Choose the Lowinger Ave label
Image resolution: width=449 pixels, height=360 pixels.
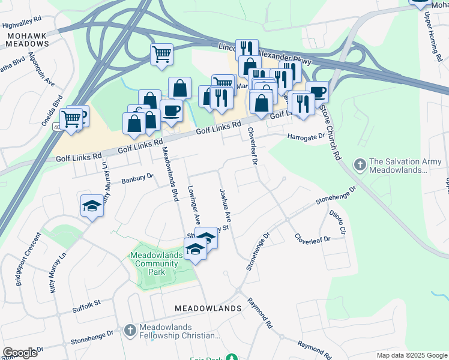(x=193, y=202)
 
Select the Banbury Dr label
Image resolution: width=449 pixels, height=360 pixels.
(x=137, y=178)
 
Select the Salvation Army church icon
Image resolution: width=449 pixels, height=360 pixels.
(x=360, y=163)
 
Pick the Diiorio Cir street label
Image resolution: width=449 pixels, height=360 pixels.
(x=337, y=221)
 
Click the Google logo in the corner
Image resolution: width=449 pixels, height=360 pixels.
(x=20, y=353)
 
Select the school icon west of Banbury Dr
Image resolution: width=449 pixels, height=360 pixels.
(x=92, y=205)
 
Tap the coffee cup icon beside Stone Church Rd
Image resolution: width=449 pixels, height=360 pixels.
(x=317, y=92)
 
